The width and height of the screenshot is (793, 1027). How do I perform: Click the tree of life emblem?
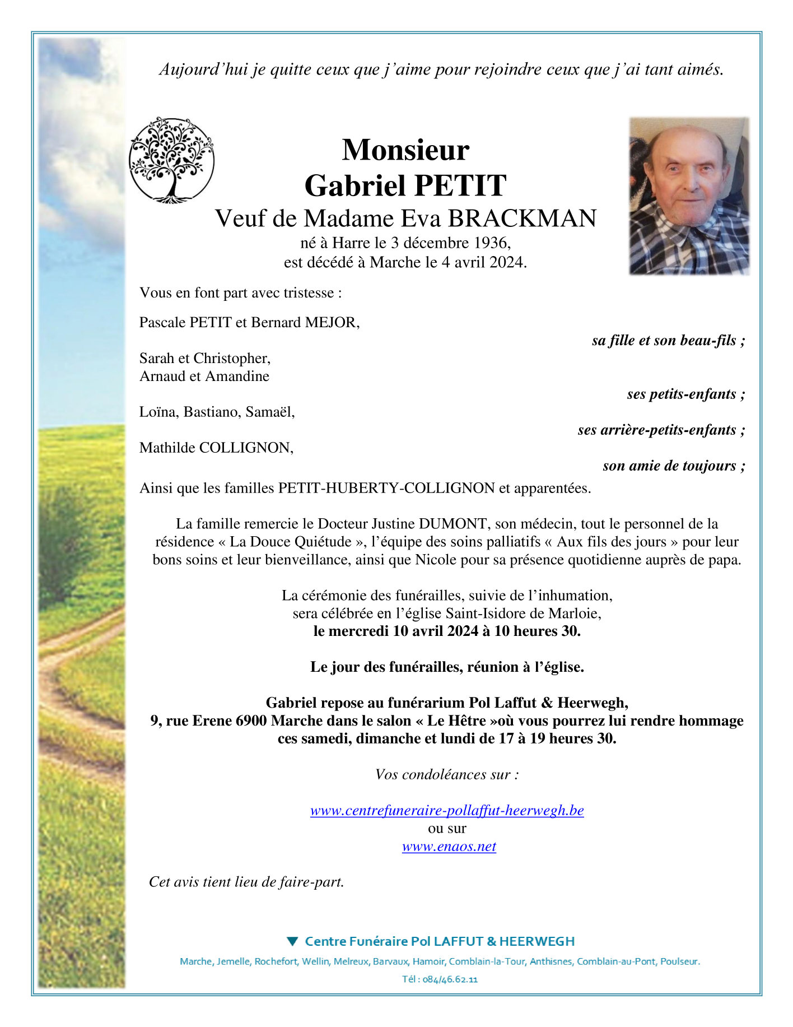[171, 160]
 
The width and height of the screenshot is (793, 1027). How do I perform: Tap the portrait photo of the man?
[689, 196]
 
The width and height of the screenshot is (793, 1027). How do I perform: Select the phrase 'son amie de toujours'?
[669, 466]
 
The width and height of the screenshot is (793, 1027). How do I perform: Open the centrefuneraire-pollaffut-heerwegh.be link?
[447, 811]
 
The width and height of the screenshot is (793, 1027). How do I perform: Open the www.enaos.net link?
[449, 847]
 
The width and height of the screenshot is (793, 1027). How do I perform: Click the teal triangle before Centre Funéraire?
[292, 941]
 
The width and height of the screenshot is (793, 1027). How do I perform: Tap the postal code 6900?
[251, 721]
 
